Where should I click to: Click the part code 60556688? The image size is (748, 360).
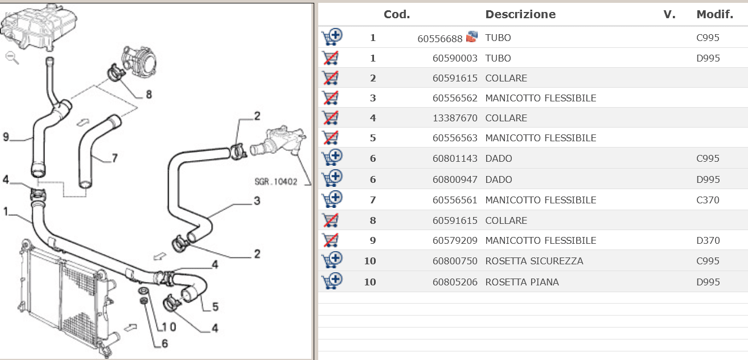pyautogui.click(x=440, y=39)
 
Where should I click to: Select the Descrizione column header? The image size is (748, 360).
pyautogui.click(x=520, y=14)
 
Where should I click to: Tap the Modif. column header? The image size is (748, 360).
pyautogui.click(x=714, y=14)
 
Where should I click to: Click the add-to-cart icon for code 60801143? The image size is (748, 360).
pyautogui.click(x=332, y=157)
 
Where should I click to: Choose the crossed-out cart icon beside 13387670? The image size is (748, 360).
pyautogui.click(x=331, y=118)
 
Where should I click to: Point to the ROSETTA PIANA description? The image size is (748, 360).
pyautogui.click(x=522, y=282)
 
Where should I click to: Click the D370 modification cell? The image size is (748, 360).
pyautogui.click(x=708, y=241)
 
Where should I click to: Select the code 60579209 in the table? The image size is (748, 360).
pyautogui.click(x=455, y=241)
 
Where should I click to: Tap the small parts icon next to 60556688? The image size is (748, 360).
pyautogui.click(x=472, y=36)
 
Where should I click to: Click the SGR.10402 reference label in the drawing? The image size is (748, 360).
pyautogui.click(x=276, y=182)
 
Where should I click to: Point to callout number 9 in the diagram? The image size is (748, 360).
pyautogui.click(x=6, y=137)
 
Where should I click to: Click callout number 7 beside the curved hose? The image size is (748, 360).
pyautogui.click(x=115, y=158)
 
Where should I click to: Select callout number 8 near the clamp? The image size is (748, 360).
pyautogui.click(x=149, y=95)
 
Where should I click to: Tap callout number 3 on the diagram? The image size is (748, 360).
pyautogui.click(x=257, y=201)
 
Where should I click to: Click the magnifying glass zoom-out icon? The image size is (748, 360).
pyautogui.click(x=12, y=58)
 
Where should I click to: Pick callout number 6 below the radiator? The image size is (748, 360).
pyautogui.click(x=165, y=343)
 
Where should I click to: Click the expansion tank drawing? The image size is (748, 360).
pyautogui.click(x=38, y=27)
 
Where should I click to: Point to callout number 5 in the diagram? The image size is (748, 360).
pyautogui.click(x=215, y=307)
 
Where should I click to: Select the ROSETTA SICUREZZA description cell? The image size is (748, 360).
pyautogui.click(x=534, y=261)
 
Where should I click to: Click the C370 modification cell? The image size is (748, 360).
pyautogui.click(x=708, y=201)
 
